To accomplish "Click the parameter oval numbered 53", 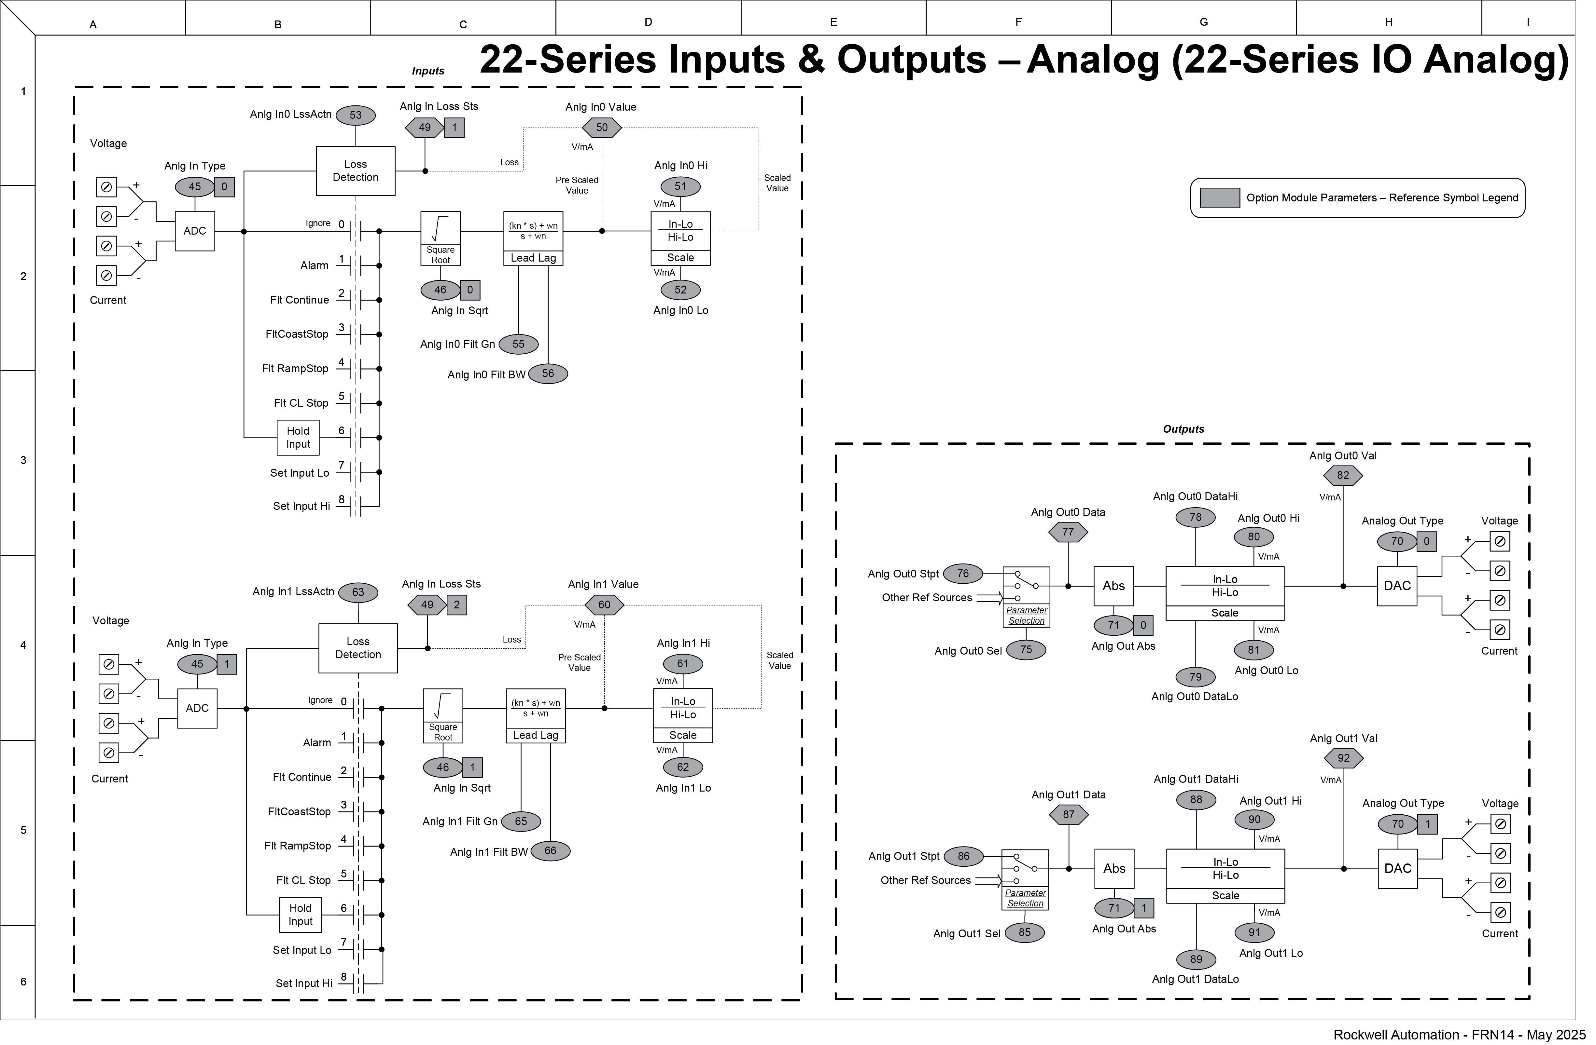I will point(356,115).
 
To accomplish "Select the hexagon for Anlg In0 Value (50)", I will point(602,127).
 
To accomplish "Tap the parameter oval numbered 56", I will point(548,373).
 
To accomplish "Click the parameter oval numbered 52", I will point(681,290).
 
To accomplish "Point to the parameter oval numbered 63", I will point(358,592).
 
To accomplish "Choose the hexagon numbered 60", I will point(604,604).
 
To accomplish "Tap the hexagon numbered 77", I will point(1068,532).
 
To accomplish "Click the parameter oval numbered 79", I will point(1196,676).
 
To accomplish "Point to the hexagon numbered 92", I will point(1344,758).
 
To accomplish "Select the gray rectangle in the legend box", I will point(1219,198).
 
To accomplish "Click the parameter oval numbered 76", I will point(963,573).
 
